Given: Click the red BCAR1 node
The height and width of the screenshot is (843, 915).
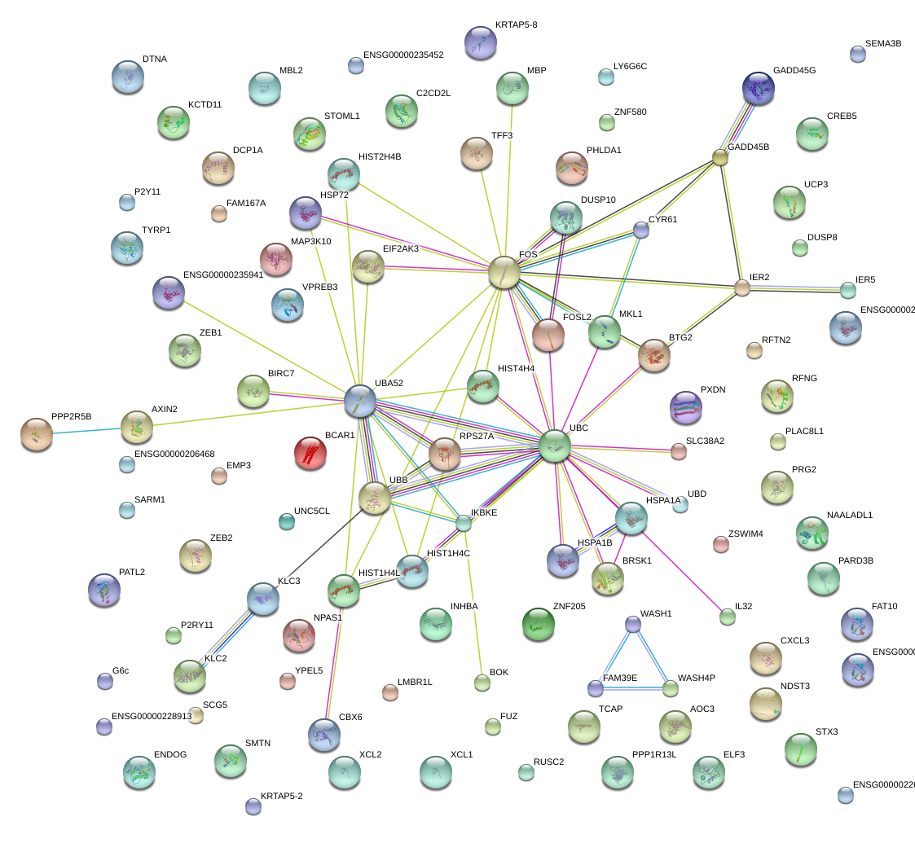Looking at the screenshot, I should click(x=310, y=454).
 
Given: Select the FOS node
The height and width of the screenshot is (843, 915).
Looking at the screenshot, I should click(x=504, y=272).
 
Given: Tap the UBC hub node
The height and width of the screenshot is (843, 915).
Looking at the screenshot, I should click(x=554, y=446).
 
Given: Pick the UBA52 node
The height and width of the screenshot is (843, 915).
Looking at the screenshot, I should click(x=360, y=400).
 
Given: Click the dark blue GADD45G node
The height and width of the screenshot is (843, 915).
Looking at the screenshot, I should click(x=759, y=88).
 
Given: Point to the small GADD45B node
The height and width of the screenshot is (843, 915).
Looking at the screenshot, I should click(x=720, y=157).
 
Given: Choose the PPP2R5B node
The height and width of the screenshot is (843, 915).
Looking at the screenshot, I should click(x=37, y=434).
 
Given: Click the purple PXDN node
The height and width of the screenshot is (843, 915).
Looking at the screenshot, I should click(x=684, y=407).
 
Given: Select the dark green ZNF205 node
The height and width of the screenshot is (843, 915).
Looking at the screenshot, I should click(x=538, y=624).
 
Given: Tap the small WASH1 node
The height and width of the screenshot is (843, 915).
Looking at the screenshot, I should click(x=633, y=625).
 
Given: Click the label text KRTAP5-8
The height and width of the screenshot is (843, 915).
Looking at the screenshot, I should click(x=516, y=25).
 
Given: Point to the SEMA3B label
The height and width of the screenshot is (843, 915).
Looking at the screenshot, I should click(x=883, y=44).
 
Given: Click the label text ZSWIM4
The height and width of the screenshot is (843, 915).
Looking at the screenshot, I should click(x=746, y=534).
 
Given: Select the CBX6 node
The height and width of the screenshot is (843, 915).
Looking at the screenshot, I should click(x=324, y=734).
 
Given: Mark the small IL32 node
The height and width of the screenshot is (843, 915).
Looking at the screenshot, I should click(x=728, y=617).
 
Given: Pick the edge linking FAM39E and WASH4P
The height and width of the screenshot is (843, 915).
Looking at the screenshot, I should click(x=633, y=689).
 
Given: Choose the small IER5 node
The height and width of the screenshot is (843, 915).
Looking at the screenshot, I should click(x=848, y=289).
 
